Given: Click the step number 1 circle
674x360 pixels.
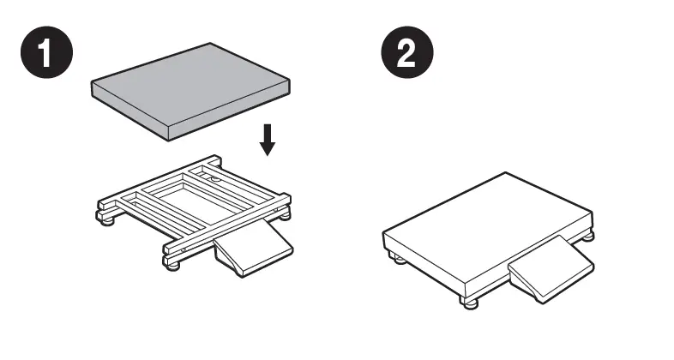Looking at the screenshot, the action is pos(47,52).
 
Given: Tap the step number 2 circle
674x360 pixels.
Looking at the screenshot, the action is pos(407,52).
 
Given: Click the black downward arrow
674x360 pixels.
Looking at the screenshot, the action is pos(268,140).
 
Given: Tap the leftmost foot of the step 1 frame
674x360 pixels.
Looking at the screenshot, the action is pos(107,221).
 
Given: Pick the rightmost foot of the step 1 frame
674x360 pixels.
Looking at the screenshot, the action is pos(284,215).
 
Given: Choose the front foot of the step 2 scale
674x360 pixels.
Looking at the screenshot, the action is pos(471,304).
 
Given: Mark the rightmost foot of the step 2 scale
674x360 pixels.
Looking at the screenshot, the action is pos(587,236).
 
